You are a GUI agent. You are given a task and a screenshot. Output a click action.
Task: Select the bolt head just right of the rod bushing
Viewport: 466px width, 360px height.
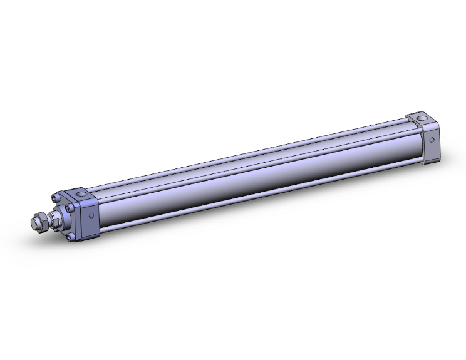point(69,208)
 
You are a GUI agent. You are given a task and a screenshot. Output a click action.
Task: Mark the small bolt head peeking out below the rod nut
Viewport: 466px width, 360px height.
point(55,229)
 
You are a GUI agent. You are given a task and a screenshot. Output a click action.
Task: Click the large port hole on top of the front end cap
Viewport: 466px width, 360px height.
point(81,194)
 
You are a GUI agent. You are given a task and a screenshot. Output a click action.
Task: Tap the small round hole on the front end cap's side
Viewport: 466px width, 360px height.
point(91,215)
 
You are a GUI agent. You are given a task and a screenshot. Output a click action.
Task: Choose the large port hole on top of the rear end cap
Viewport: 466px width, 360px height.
point(422,118)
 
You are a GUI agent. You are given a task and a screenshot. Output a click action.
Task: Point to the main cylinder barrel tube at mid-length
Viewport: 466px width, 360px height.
point(251,185)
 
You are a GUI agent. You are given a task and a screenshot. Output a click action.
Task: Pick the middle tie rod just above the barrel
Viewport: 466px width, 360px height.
point(251,165)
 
